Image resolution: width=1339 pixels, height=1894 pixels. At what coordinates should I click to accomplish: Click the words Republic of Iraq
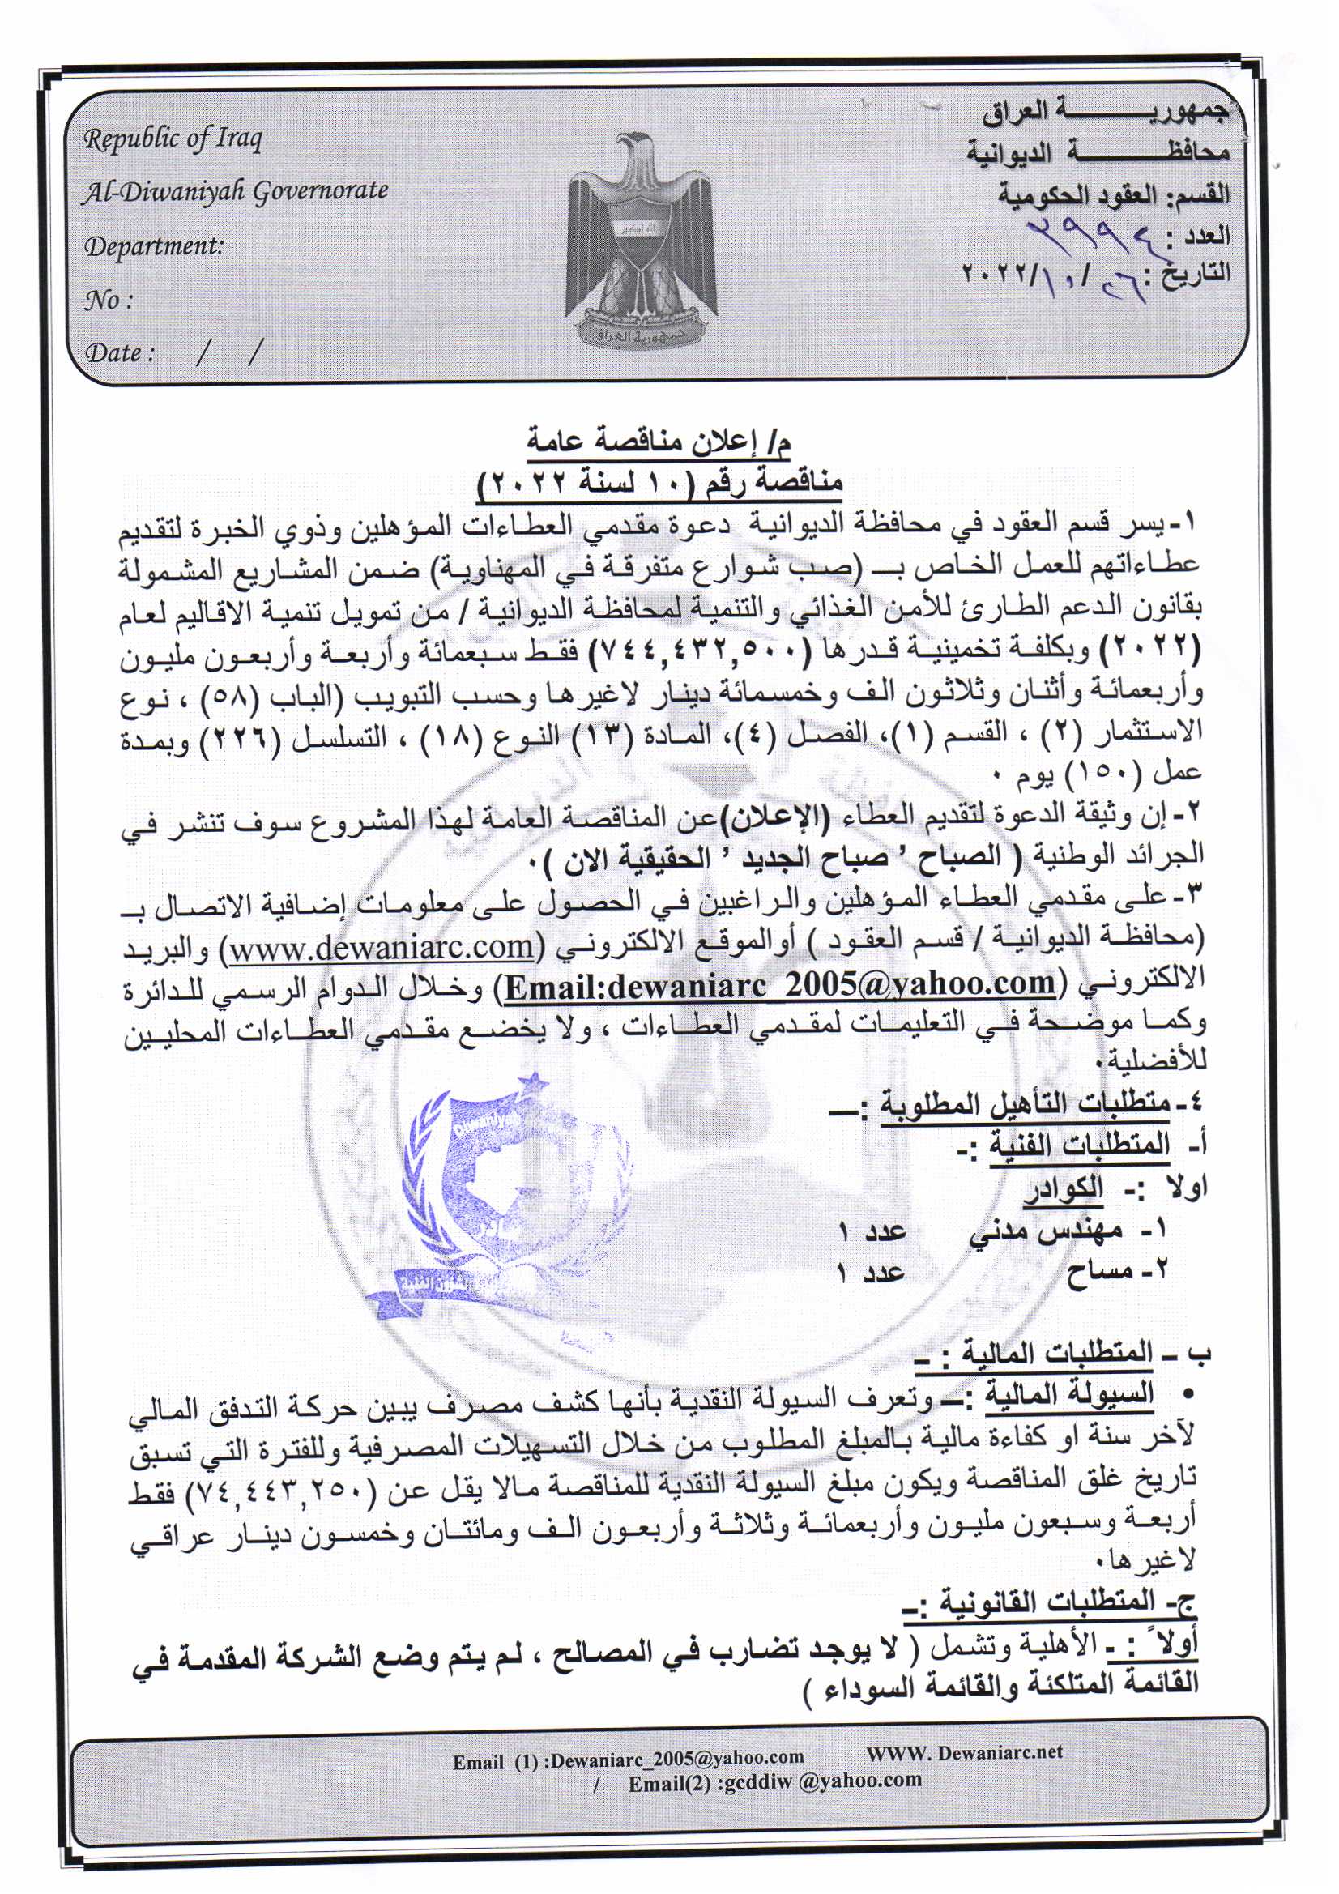173,139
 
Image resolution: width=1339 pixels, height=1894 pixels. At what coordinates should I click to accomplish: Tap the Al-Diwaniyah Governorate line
235,191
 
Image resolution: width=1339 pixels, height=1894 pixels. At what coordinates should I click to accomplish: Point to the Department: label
154,245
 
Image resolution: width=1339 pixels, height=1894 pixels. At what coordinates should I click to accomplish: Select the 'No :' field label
108,301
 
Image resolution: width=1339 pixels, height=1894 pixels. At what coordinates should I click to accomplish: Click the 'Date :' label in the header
120,353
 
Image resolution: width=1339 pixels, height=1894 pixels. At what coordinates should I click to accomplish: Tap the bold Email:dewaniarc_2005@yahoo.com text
779,986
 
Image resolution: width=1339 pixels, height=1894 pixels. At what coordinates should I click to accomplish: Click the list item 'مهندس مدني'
1045,1231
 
